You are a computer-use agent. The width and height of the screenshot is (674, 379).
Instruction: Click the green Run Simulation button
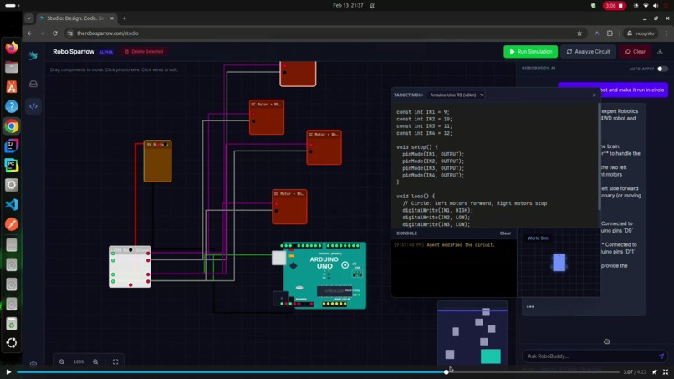point(530,52)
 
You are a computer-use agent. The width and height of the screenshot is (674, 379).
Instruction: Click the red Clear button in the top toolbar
point(635,52)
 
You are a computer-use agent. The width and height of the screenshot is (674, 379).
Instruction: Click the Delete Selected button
point(144,52)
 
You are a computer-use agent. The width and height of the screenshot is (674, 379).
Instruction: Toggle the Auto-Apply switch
point(661,69)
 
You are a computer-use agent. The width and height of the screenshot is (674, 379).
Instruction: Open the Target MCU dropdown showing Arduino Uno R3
point(457,95)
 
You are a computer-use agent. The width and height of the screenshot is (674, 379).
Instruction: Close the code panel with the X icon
point(595,95)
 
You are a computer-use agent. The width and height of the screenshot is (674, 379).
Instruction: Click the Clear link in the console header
point(505,233)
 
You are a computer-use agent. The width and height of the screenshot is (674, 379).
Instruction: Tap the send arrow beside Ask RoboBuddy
point(661,356)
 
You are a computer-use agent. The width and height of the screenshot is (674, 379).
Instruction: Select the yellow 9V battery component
point(157,161)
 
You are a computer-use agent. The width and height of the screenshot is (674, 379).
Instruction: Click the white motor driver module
point(130,267)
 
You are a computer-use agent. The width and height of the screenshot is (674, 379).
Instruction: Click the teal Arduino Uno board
point(324,275)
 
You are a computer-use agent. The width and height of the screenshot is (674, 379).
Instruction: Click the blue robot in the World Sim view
point(559,263)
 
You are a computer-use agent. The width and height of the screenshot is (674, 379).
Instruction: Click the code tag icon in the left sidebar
point(33,106)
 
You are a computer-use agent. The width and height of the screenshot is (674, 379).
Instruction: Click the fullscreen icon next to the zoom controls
point(115,361)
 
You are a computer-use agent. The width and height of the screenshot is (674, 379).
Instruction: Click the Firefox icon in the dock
point(12,48)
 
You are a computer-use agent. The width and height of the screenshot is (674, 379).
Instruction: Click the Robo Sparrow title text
point(74,52)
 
